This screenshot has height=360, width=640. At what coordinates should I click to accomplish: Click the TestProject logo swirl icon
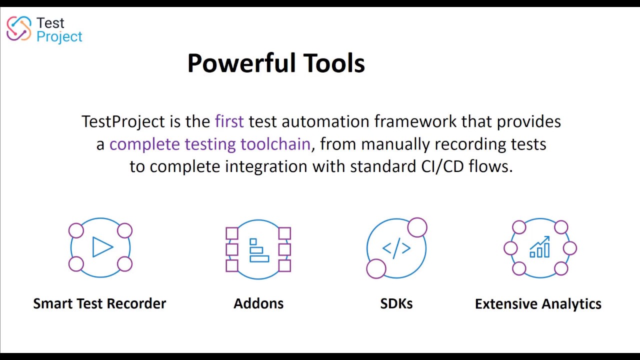(18, 28)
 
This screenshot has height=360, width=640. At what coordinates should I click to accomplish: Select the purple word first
(229, 121)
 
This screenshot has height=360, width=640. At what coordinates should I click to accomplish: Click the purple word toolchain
(275, 144)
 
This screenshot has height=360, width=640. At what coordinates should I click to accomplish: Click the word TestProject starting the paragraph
(123, 121)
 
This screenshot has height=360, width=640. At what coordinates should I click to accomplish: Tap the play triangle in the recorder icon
(102, 247)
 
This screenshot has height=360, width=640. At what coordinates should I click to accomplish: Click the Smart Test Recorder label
(99, 303)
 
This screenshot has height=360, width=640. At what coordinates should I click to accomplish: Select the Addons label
(258, 303)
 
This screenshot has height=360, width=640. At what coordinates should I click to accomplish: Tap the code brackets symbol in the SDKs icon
(396, 248)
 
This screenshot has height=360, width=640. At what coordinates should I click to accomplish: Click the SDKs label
(396, 303)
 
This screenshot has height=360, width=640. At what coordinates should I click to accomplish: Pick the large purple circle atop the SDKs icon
(417, 227)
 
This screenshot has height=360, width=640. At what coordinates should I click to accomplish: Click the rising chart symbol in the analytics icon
(539, 247)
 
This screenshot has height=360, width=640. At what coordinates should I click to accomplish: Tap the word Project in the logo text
(59, 37)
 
